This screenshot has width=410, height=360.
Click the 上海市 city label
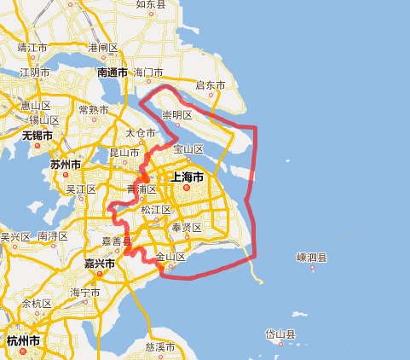click(x=187, y=177)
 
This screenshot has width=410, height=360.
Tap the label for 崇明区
click(x=177, y=114)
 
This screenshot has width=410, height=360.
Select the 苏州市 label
click(x=66, y=163)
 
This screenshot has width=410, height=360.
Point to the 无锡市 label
click(x=37, y=135)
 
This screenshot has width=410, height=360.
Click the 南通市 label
click(x=113, y=73)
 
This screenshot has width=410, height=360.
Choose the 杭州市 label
click(x=23, y=340)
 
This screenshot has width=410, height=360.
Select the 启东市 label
click(x=210, y=85)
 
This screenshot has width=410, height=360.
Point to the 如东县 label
click(x=151, y=4)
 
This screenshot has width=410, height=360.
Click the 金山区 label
click(x=169, y=257)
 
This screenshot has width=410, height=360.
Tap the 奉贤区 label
click(x=186, y=228)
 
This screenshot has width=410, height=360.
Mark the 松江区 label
click(x=155, y=209)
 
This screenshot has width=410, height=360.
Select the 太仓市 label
click(x=140, y=133)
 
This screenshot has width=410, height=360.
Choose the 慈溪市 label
click(x=160, y=347)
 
